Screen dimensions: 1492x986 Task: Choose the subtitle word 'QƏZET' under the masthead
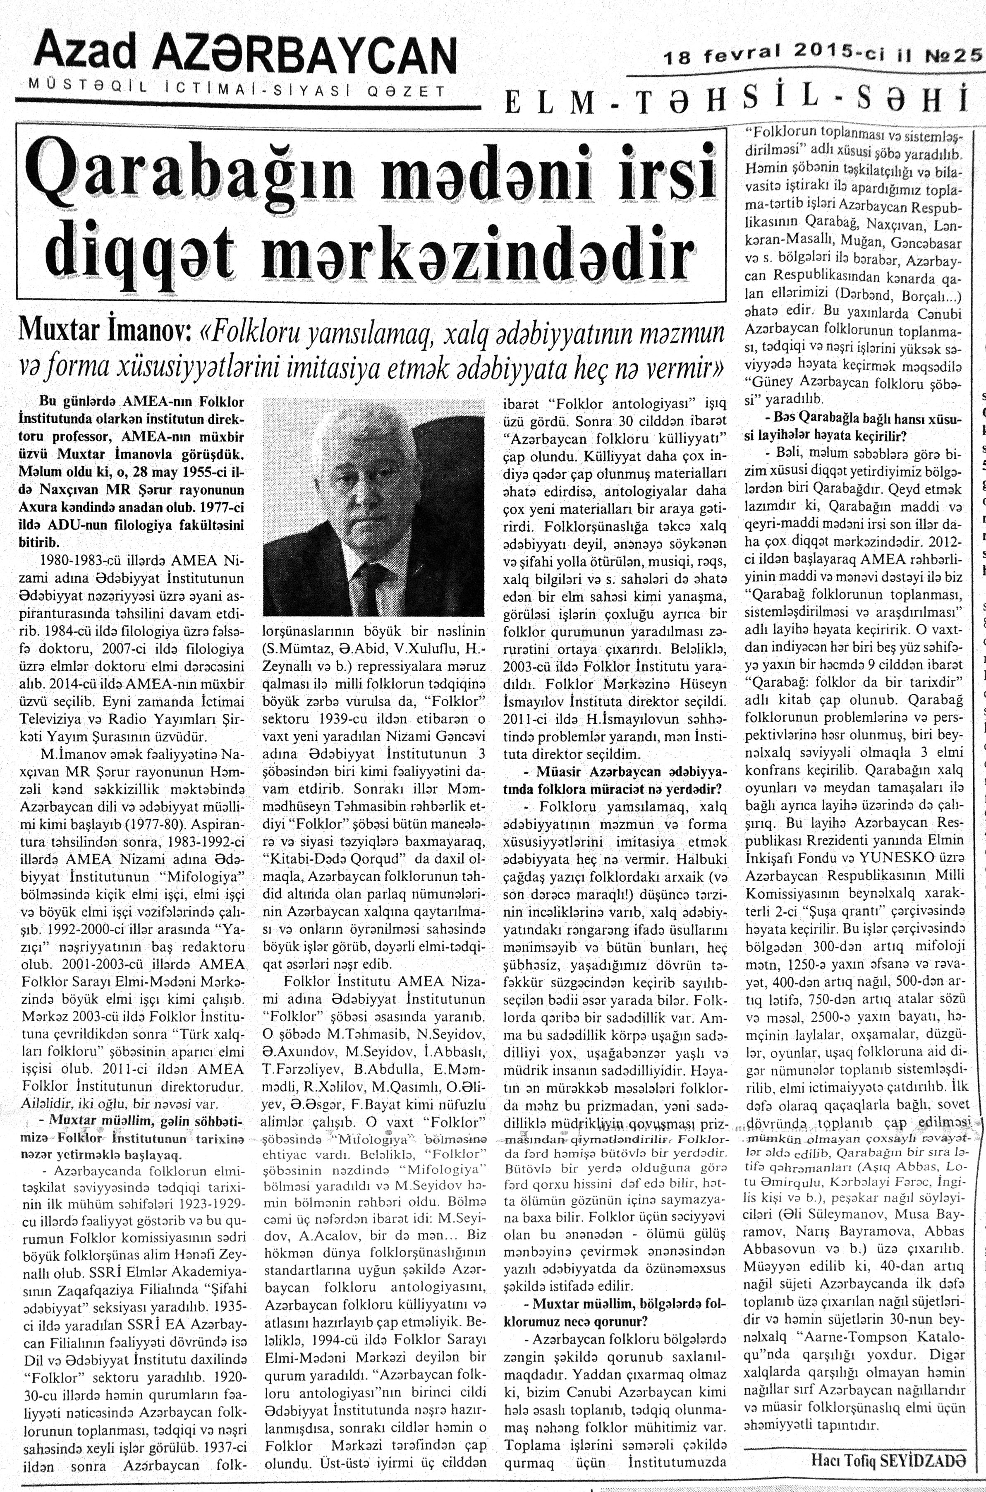402,91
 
